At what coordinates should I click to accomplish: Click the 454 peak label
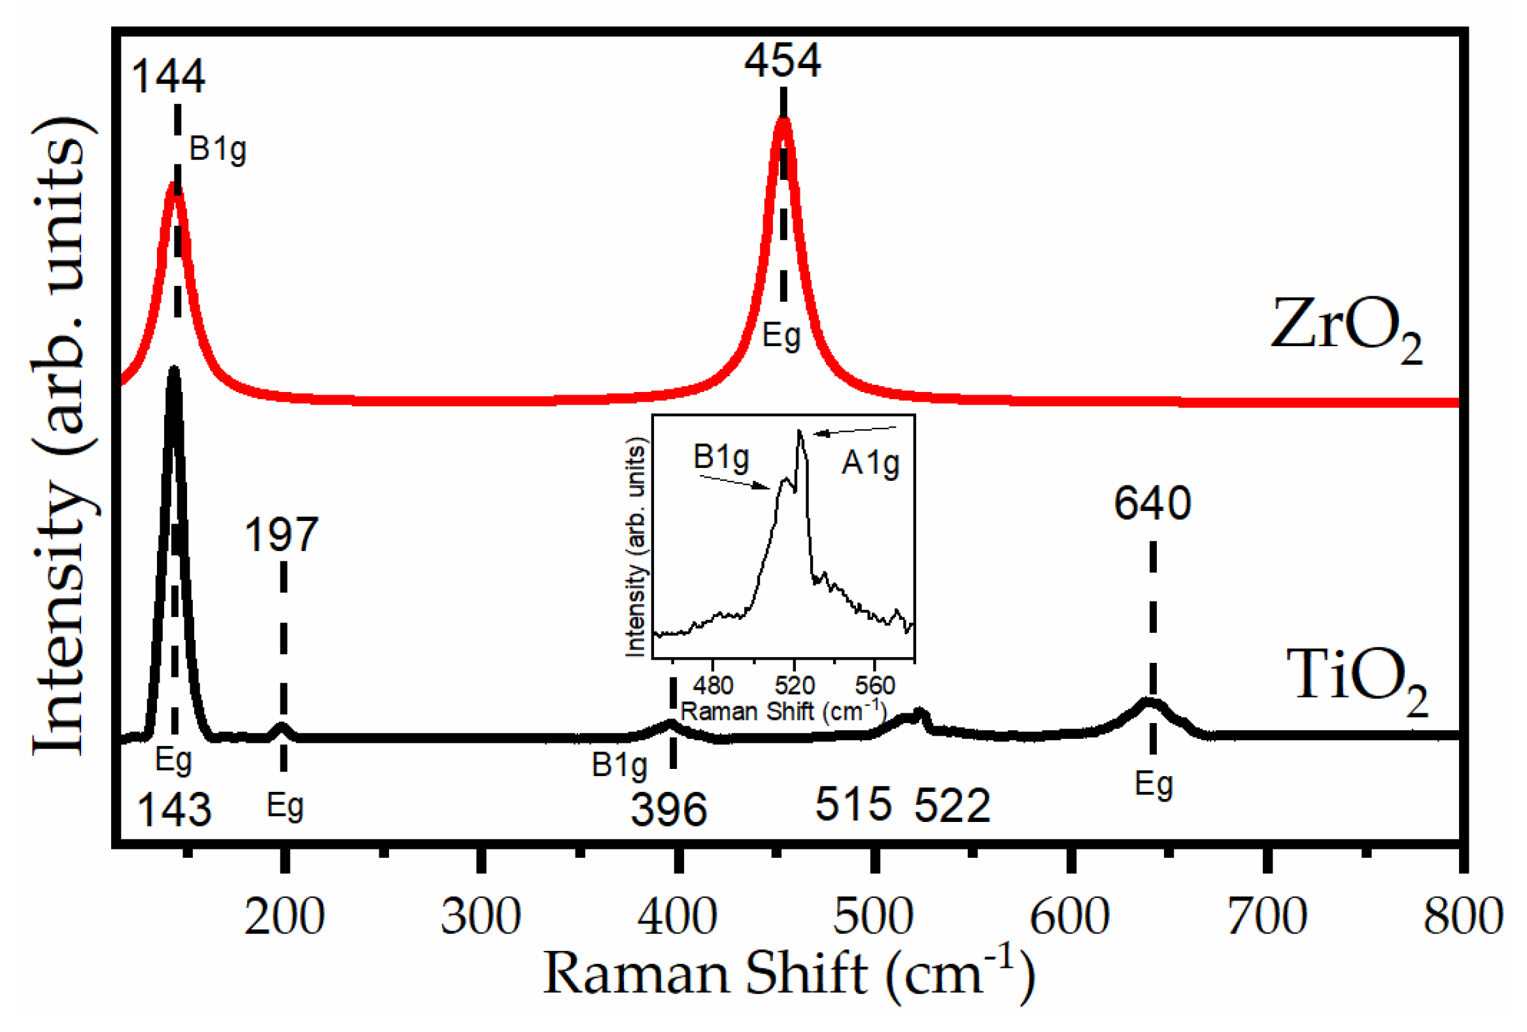pyautogui.click(x=782, y=61)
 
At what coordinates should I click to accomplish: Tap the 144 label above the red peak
pyautogui.click(x=168, y=77)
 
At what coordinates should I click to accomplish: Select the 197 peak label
pyautogui.click(x=281, y=535)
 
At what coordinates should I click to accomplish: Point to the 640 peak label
pyautogui.click(x=1152, y=503)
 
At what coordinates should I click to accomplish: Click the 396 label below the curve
pyautogui.click(x=668, y=809)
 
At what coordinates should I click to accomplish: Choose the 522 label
pyautogui.click(x=952, y=805)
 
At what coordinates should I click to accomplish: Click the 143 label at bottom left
pyautogui.click(x=173, y=809)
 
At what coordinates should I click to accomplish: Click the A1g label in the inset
pyautogui.click(x=870, y=463)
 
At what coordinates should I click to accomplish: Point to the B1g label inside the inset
pyautogui.click(x=721, y=456)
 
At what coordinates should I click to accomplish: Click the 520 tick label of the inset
pyautogui.click(x=795, y=686)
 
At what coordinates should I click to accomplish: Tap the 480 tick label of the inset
pyautogui.click(x=713, y=686)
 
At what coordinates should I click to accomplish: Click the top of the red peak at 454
pyautogui.click(x=783, y=120)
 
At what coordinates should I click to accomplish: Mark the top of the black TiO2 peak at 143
pyautogui.click(x=173, y=370)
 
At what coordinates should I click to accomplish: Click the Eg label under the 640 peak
pyautogui.click(x=1153, y=784)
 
